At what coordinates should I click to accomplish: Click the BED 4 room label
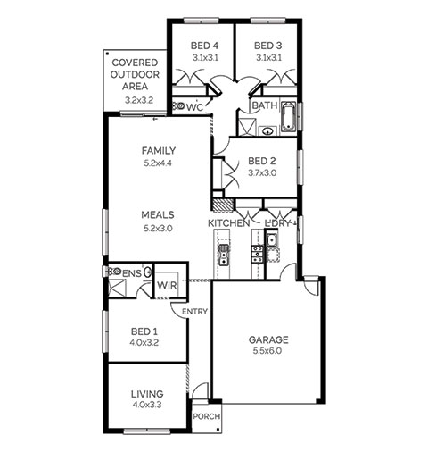tap(204, 46)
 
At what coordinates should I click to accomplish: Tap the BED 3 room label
tap(267, 46)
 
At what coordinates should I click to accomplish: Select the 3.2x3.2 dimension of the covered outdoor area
tap(139, 100)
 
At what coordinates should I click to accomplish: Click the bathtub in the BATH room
tap(289, 117)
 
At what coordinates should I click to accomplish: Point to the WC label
tap(195, 107)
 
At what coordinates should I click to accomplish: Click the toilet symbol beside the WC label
tap(179, 105)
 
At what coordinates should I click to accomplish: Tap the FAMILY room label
tap(159, 151)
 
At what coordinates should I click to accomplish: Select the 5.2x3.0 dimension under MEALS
tap(158, 229)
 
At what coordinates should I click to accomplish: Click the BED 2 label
tap(262, 161)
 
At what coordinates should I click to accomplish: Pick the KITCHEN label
tap(228, 223)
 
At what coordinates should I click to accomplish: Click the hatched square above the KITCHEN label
tap(223, 205)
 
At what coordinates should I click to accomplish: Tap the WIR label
tap(167, 285)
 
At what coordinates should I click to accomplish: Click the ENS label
tap(132, 273)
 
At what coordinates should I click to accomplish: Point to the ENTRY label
tap(194, 312)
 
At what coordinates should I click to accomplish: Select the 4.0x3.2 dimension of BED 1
tap(144, 342)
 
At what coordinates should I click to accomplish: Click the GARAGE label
tap(268, 339)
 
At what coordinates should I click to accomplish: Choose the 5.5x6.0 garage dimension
tap(267, 351)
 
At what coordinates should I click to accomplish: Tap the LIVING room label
tap(147, 394)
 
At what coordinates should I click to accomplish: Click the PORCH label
tap(207, 416)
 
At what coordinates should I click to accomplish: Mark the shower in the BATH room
tap(247, 127)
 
